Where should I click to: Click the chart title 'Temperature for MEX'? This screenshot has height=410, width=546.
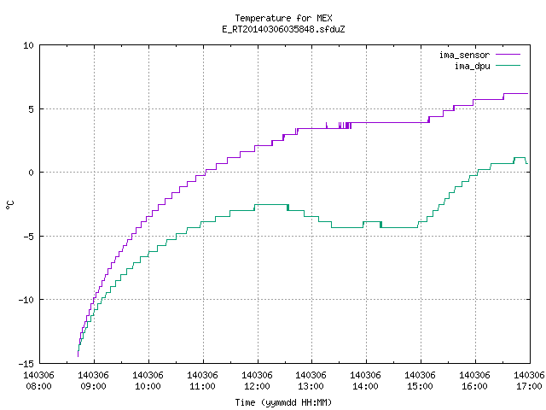pos(283,18)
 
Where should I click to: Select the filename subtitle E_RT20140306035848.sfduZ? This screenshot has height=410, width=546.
pos(283,29)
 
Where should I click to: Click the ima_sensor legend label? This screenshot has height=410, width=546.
pos(464,55)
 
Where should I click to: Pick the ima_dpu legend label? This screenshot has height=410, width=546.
pos(473,66)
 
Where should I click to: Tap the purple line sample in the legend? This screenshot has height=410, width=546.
pos(508,55)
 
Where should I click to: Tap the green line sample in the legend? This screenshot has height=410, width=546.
pos(508,66)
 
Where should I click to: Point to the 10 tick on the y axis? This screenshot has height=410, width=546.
pos(28,45)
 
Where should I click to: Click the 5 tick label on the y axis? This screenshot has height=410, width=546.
pos(32,109)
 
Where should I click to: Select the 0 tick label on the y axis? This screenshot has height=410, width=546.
pos(32,173)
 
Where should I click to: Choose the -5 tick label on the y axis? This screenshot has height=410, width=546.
pos(28,237)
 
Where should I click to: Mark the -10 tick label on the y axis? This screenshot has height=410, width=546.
pos(26,300)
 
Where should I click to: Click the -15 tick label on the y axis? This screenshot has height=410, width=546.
pos(26,364)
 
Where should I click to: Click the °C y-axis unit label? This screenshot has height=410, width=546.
pos(9,205)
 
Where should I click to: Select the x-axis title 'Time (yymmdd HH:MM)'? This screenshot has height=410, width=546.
pos(283,402)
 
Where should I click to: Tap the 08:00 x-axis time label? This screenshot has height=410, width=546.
pos(38,386)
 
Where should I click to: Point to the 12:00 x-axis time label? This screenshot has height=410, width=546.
pos(257,386)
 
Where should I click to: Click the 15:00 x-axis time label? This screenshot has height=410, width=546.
pos(420,386)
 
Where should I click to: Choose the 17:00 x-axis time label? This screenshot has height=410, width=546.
pos(529,386)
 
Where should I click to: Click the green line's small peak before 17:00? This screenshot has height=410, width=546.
pos(520,157)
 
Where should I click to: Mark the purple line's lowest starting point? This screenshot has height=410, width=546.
pos(78,356)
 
